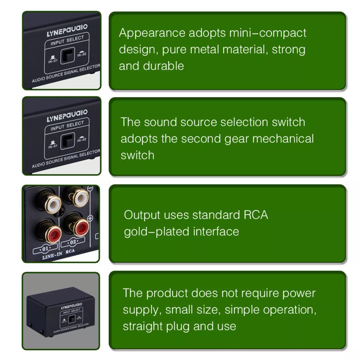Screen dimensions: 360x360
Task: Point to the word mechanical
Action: [x=283, y=139]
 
